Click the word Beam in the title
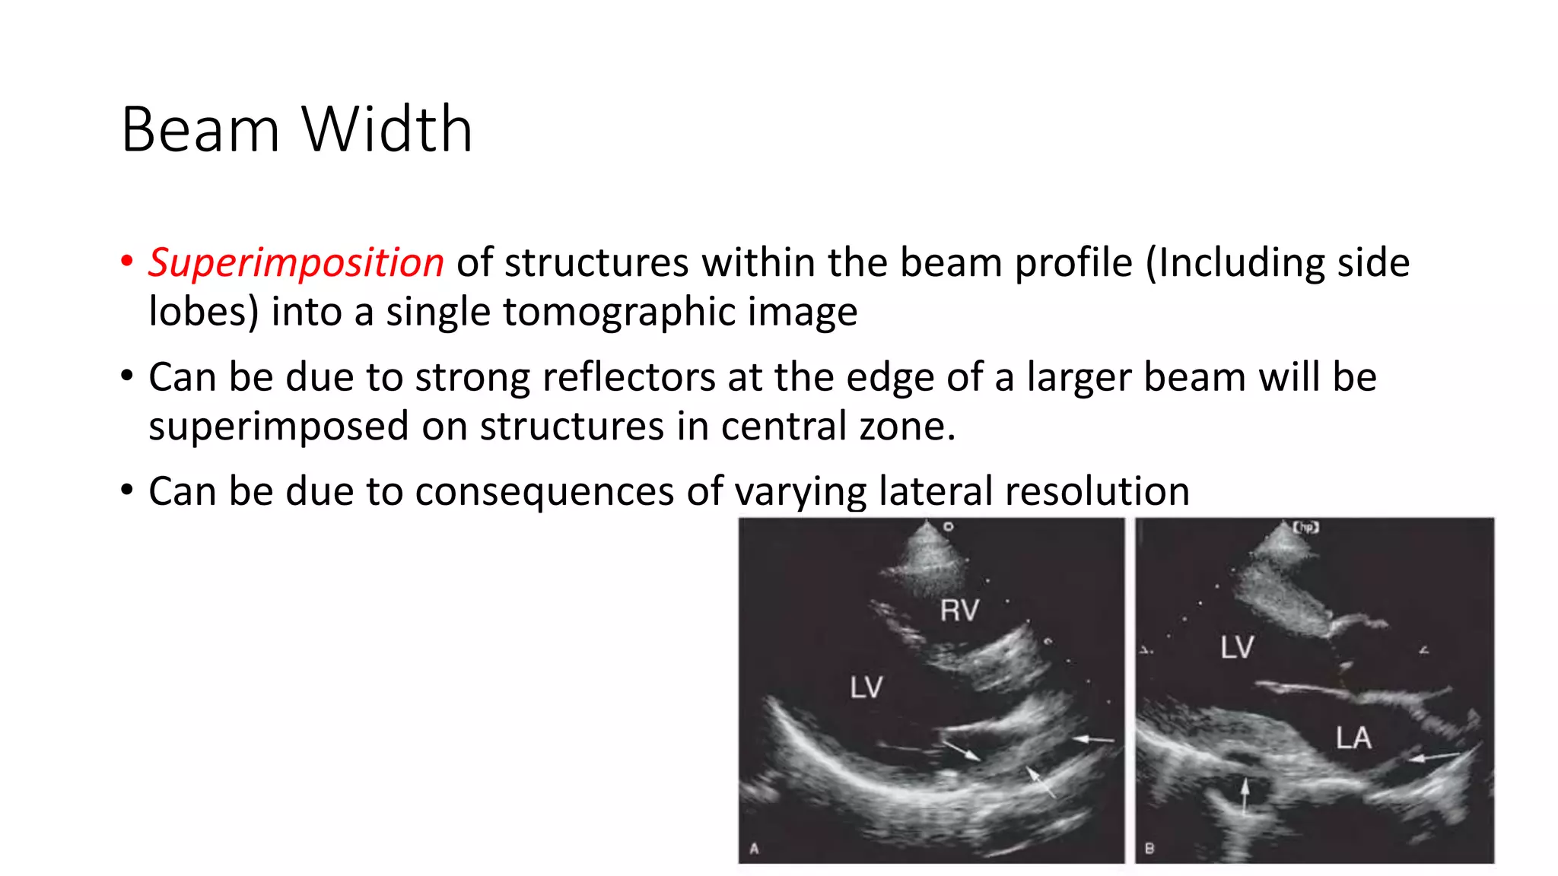point(201,129)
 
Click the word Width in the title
point(387,129)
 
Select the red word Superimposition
point(296,263)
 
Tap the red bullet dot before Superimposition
point(127,261)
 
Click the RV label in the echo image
point(959,611)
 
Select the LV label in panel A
point(866,688)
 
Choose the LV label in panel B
point(1237,648)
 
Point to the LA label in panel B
point(1353,738)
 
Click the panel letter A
point(754,849)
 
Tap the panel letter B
point(1149,849)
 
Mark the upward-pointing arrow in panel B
point(1245,795)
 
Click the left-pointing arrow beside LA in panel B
point(1434,756)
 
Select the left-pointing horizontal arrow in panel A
point(1092,738)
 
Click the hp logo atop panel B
point(1305,526)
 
